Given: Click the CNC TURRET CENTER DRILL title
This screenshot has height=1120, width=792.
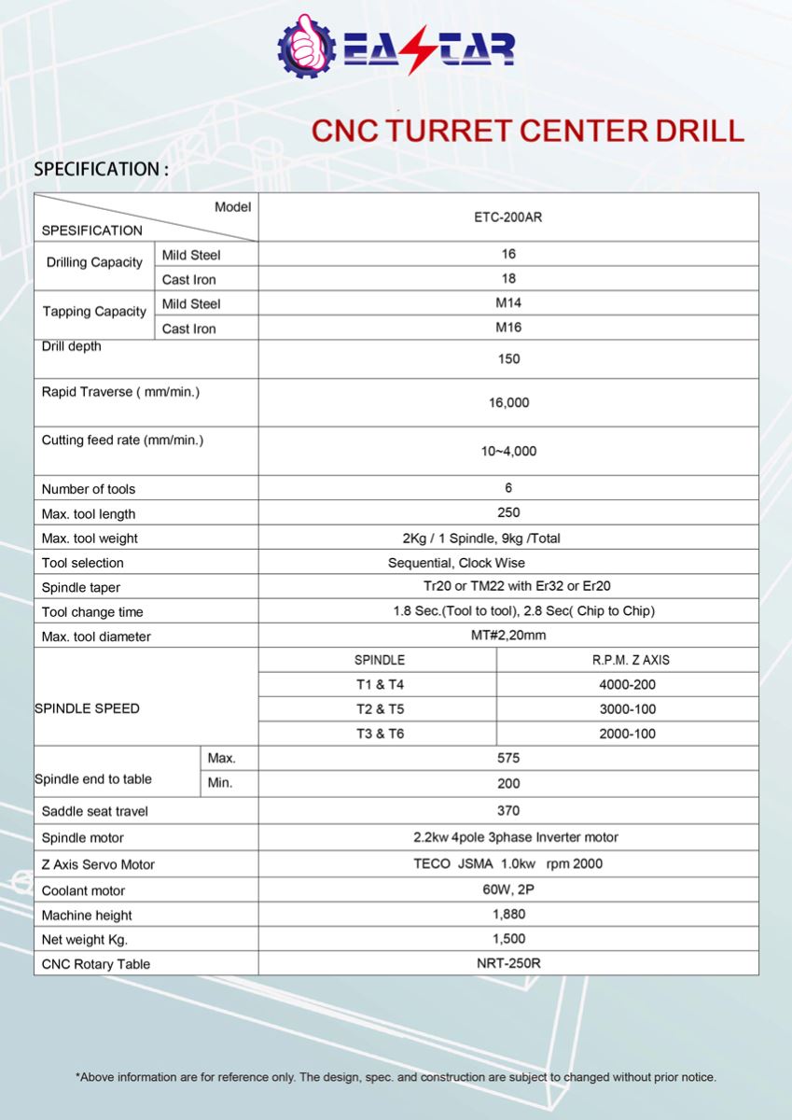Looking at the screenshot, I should [x=527, y=130].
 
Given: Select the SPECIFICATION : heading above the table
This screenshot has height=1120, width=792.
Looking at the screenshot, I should [x=101, y=169].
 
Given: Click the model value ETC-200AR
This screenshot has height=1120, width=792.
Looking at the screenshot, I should [x=508, y=217].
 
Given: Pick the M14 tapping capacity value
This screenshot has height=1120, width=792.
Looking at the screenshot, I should [x=508, y=303].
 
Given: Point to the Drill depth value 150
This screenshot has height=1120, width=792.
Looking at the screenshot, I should [x=508, y=359].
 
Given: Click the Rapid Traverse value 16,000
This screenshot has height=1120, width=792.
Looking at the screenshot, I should [x=508, y=403].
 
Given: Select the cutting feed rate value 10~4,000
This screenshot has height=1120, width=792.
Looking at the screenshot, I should [x=508, y=452].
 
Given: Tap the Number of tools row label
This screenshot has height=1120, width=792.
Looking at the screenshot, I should [x=89, y=489].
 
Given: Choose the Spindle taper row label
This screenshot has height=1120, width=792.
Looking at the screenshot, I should [x=81, y=588].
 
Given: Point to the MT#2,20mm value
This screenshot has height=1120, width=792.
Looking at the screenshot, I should [x=508, y=637].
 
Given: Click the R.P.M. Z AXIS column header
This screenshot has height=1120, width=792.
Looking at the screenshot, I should [x=631, y=660].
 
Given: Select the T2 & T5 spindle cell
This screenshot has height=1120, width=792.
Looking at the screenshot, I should [x=380, y=709].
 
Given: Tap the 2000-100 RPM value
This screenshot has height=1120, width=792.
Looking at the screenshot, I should [x=627, y=734].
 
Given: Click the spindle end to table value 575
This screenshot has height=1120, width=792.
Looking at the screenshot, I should [x=508, y=759].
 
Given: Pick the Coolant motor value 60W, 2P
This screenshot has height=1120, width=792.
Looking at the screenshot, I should [x=508, y=890].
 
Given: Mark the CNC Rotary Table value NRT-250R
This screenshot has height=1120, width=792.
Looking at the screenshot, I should [x=508, y=963].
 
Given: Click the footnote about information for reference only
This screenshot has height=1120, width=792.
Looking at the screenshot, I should [x=396, y=1077].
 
